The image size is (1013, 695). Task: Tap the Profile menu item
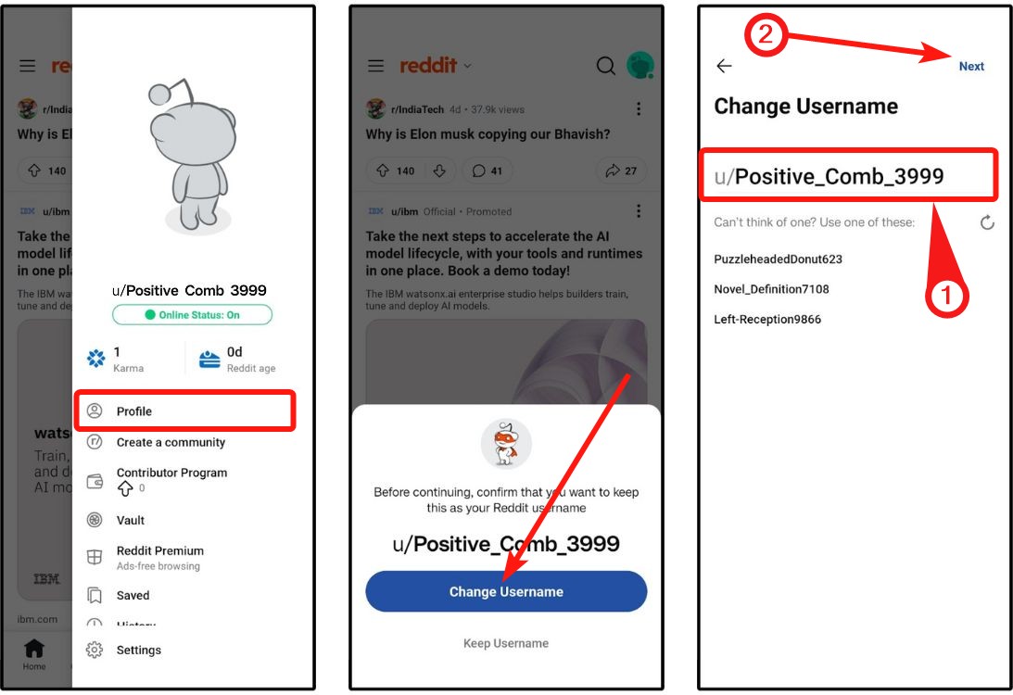134,411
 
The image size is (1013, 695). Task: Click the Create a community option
171,442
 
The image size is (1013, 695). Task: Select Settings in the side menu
138,651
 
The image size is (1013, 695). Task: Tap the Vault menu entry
130,521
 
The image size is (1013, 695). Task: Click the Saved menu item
133,596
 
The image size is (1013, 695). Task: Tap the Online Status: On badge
192,315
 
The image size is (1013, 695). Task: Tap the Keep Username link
506,643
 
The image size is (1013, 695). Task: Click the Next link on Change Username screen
971,67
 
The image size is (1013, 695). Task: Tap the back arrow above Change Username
724,66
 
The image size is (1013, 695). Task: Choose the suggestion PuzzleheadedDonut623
778,259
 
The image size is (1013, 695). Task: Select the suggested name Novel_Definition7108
771,289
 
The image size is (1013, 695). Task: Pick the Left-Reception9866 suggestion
767,320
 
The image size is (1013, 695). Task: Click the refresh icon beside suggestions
987,222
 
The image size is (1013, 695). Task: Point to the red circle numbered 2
767,37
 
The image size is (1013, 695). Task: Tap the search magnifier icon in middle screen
605,66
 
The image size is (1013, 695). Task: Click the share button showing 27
622,171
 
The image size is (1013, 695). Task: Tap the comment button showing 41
487,171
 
